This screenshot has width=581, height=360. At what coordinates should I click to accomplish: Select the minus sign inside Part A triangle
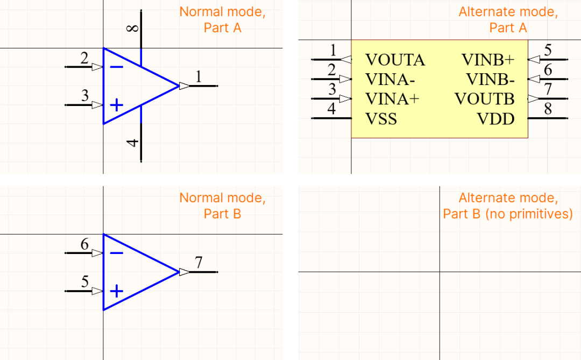pyautogui.click(x=116, y=67)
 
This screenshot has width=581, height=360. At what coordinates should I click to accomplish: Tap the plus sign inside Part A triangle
pyautogui.click(x=116, y=105)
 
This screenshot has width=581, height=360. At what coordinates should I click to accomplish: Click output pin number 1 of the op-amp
pyautogui.click(x=199, y=77)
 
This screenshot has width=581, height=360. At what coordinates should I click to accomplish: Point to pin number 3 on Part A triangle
pyautogui.click(x=84, y=96)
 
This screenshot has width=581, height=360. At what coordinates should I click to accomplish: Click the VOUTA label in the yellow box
pyautogui.click(x=395, y=60)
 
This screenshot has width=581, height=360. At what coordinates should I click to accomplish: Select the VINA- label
pyautogui.click(x=390, y=80)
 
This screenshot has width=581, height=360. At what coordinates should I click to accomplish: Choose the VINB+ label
pyautogui.click(x=488, y=60)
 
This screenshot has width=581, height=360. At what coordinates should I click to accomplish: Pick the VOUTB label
pyautogui.click(x=484, y=99)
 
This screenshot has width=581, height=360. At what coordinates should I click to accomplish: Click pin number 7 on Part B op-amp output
pyautogui.click(x=199, y=263)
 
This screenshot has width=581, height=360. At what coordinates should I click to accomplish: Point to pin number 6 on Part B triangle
pyautogui.click(x=84, y=244)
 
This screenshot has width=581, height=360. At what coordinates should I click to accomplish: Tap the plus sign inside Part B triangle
pyautogui.click(x=116, y=292)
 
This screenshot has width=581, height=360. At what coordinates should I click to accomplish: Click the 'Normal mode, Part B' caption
pyautogui.click(x=222, y=206)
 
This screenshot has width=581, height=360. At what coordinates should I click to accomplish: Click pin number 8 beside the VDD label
pyautogui.click(x=548, y=110)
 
